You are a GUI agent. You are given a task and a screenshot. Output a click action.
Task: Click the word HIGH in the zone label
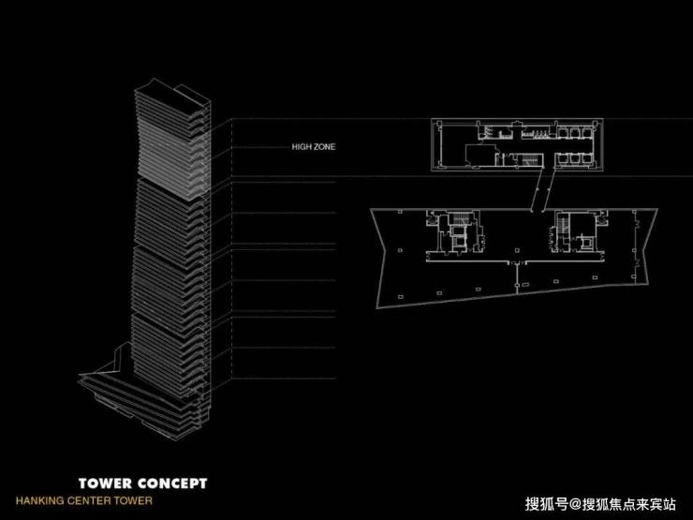[x=302, y=146]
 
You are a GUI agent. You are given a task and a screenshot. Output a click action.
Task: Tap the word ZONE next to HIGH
[x=324, y=146]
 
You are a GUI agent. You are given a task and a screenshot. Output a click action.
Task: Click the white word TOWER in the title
[x=105, y=483]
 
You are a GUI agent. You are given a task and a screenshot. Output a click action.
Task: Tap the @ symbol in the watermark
[x=574, y=504]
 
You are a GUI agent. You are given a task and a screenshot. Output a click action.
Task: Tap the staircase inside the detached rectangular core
[x=530, y=159]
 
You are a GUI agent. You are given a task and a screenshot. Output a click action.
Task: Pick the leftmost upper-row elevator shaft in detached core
[x=562, y=132]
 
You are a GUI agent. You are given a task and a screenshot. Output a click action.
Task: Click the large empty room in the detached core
[x=479, y=155]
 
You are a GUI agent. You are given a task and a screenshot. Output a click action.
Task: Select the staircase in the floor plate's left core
[x=461, y=219]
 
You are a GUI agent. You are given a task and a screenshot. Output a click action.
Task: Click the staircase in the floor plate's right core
[x=563, y=222]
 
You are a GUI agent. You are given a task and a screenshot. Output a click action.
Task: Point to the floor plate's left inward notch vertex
[x=386, y=250]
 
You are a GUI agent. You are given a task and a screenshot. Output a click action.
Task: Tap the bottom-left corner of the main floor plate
[x=378, y=307]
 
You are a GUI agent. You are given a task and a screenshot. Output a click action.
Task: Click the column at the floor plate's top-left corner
[x=400, y=213]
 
